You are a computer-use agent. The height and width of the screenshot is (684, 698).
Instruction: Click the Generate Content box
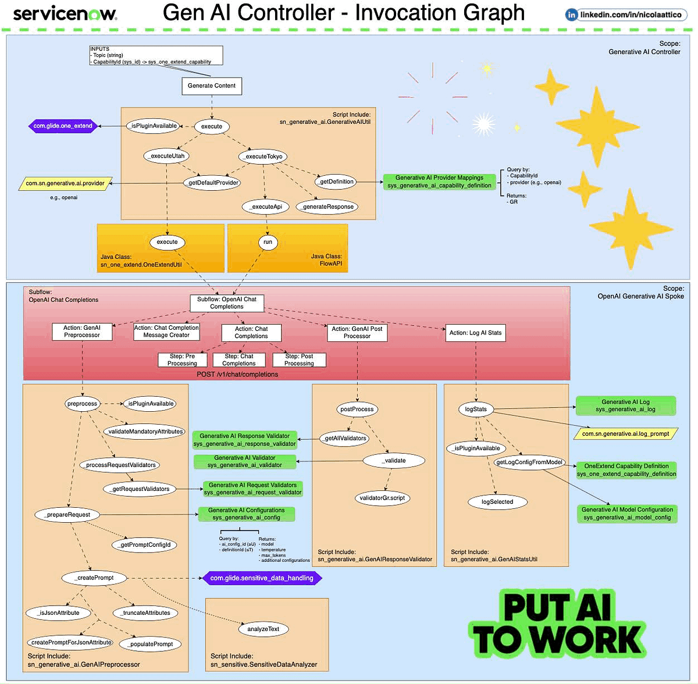pyautogui.click(x=212, y=86)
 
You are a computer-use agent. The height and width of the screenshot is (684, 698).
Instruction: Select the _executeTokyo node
pyautogui.click(x=263, y=156)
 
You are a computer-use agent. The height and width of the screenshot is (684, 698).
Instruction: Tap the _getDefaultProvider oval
pyautogui.click(x=212, y=183)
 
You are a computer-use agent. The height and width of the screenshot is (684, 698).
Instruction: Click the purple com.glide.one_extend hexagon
pyautogui.click(x=63, y=126)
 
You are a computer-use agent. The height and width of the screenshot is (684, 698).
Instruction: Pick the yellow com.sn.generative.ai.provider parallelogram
pyautogui.click(x=65, y=183)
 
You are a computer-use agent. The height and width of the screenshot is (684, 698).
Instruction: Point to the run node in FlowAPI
pyautogui.click(x=268, y=242)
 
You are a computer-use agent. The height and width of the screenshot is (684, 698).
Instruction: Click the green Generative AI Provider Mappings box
pyautogui.click(x=439, y=181)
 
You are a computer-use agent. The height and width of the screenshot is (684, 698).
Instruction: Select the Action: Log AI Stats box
pyautogui.click(x=476, y=333)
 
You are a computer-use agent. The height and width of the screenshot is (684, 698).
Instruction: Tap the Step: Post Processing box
pyautogui.click(x=299, y=360)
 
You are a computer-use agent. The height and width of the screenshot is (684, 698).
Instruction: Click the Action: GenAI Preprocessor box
pyautogui.click(x=82, y=332)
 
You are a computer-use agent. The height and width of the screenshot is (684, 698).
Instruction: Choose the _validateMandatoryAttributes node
pyautogui.click(x=144, y=432)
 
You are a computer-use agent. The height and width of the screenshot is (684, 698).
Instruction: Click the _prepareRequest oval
pyautogui.click(x=67, y=514)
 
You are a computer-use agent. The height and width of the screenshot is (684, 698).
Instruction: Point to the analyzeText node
pyautogui.click(x=263, y=629)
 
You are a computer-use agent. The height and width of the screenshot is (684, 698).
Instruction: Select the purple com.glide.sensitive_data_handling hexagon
pyautogui.click(x=262, y=578)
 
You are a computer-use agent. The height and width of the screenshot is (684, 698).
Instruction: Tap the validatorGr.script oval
pyautogui.click(x=382, y=498)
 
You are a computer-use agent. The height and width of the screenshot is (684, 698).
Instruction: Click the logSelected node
pyautogui.click(x=497, y=502)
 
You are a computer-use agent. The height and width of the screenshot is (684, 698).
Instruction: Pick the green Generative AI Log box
pyautogui.click(x=625, y=406)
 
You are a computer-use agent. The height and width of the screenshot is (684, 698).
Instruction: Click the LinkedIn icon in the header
pyautogui.click(x=572, y=15)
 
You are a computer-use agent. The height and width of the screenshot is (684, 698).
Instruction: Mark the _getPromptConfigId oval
pyautogui.click(x=144, y=545)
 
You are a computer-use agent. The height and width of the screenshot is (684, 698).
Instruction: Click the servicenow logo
pyautogui.click(x=65, y=14)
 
